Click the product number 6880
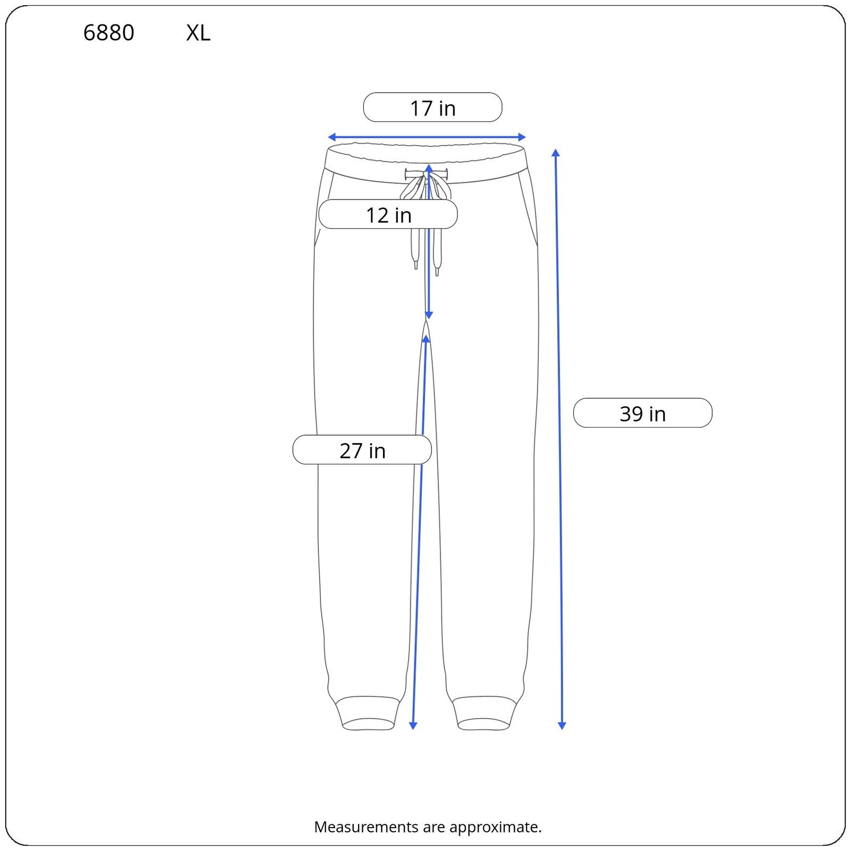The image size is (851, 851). [x=109, y=33]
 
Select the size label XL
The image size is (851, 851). [x=198, y=33]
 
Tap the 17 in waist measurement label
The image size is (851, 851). [x=432, y=108]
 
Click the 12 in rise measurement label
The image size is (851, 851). [x=388, y=215]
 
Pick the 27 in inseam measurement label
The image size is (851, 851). [x=362, y=450]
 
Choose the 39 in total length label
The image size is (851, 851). [x=643, y=413]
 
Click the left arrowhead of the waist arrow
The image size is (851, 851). [x=331, y=137]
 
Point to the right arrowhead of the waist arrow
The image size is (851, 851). [x=522, y=137]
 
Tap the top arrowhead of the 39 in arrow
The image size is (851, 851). [x=556, y=153]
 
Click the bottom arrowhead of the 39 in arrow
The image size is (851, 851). [x=562, y=725]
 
